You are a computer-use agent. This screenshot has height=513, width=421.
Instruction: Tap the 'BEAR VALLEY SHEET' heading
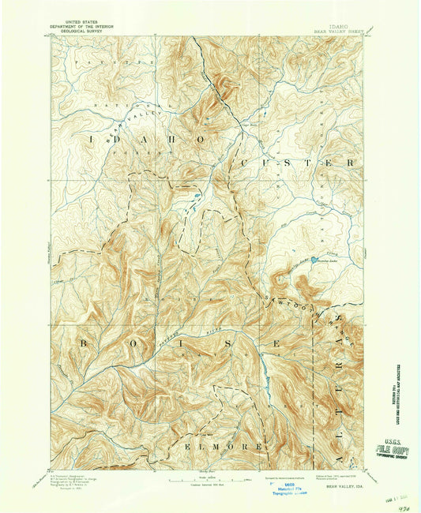(x=337, y=31)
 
